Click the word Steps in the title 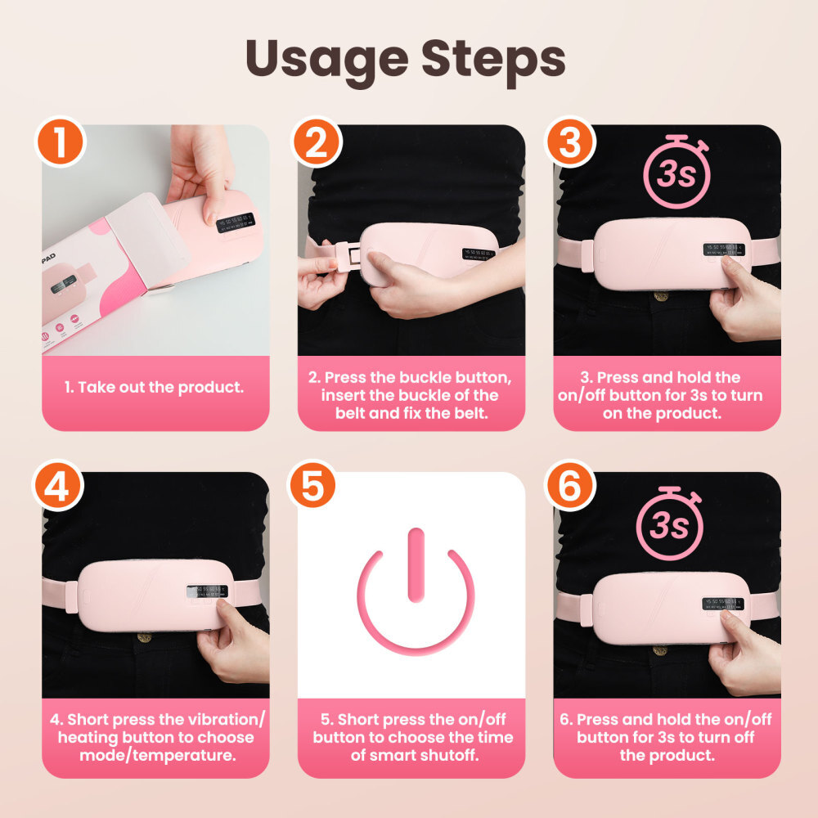click(x=490, y=60)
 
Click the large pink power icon click(x=416, y=589)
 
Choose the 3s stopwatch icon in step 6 click(x=668, y=524)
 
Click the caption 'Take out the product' click(x=155, y=387)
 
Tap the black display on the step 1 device click(x=236, y=222)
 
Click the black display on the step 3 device click(x=723, y=249)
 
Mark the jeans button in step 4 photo click(x=144, y=636)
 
